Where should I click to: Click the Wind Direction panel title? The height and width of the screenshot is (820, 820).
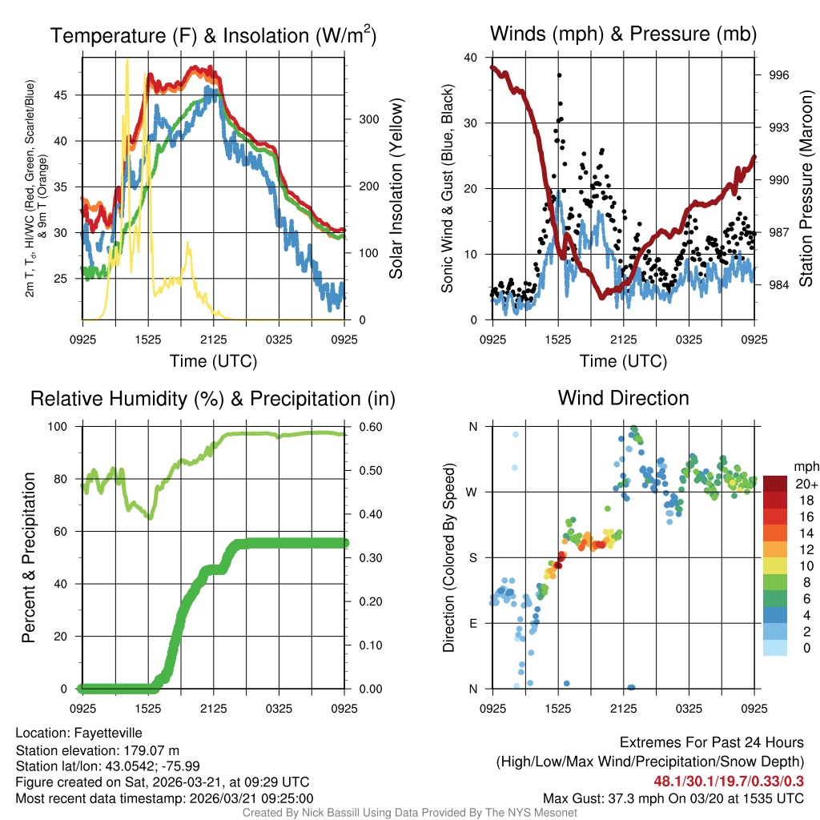coord(623,398)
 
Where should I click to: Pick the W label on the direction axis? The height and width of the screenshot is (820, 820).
coord(472,492)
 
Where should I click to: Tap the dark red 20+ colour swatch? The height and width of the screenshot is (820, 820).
coord(774,484)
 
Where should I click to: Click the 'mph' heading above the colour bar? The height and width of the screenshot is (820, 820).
coord(805,466)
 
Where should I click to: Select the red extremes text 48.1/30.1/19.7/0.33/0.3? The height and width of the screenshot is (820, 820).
coord(730,781)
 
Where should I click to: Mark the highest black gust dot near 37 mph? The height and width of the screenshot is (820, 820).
coord(559,75)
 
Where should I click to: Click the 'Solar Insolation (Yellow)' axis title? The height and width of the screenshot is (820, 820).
coord(396,189)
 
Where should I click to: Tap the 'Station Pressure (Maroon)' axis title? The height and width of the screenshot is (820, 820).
coord(806,189)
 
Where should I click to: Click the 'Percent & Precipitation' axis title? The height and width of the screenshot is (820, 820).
coord(28,557)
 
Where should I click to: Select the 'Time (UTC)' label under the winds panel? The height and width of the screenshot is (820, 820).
coord(623,361)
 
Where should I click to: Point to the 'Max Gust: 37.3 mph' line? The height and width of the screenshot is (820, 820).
coord(673,798)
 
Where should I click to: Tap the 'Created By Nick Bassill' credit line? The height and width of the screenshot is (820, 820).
coord(409,813)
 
